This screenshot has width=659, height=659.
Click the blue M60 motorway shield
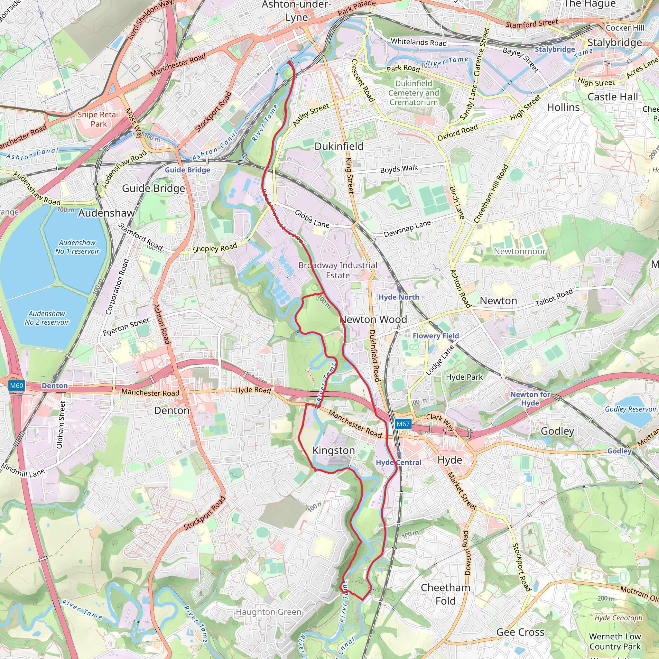(16, 386)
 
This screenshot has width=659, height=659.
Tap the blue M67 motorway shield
(403, 424)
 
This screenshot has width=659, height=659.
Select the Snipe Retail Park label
(98, 119)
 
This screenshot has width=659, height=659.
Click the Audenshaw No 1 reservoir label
(78, 247)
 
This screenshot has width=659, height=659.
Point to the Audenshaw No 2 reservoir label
(47, 318)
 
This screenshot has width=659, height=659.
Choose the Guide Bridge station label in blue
(188, 170)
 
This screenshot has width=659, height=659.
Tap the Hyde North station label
(399, 297)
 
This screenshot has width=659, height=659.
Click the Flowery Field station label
(436, 336)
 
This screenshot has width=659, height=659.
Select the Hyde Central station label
(399, 462)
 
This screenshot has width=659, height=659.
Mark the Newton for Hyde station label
(530, 398)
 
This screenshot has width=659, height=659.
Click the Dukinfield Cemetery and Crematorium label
(413, 93)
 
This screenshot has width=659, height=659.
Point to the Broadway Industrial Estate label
(338, 270)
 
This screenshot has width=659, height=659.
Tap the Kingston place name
(334, 450)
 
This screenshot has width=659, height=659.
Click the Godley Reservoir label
(630, 409)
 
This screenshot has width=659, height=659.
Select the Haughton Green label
(268, 612)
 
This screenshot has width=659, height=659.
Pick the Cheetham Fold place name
(445, 594)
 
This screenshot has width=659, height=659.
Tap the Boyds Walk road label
(399, 169)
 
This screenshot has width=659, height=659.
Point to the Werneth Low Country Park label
(615, 641)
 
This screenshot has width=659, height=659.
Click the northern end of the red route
(289, 62)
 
